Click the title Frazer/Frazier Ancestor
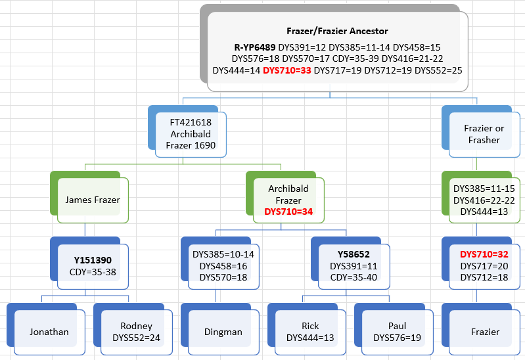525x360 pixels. tap(337, 31)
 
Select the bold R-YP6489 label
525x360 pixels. tap(255, 47)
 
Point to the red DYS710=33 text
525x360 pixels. tap(287, 70)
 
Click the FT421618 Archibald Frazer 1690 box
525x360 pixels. tap(191, 134)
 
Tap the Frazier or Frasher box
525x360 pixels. tap(484, 134)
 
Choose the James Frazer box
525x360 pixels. tap(93, 200)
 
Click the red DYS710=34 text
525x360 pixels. tap(288, 212)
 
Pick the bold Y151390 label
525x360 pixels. tap(93, 260)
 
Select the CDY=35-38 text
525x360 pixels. tap(93, 272)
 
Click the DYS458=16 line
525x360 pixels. tap(223, 266)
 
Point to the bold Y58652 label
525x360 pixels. tap(354, 254)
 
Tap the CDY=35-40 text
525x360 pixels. tap(354, 277)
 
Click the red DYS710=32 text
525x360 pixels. tap(484, 254)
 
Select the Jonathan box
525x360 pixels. tap(49, 332)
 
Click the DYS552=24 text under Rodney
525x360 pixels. tap(136, 338)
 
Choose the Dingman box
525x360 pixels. tap(223, 332)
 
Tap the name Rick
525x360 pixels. tap(310, 326)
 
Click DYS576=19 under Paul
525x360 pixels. tap(397, 338)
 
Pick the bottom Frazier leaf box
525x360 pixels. tap(484, 332)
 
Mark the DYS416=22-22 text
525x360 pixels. tap(484, 200)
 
